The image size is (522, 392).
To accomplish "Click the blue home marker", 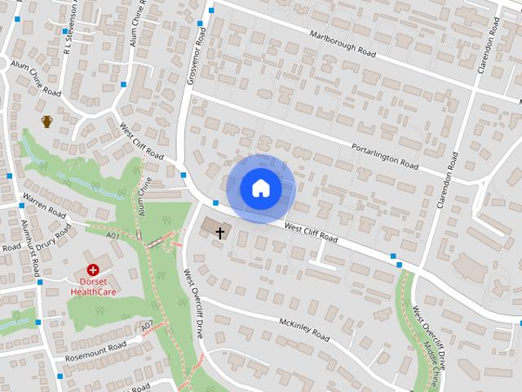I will (x=260, y=189).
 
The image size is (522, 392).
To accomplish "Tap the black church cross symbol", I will (x=219, y=233).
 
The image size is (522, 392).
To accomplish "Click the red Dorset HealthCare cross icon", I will (x=93, y=269).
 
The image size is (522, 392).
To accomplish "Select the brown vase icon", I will (x=47, y=122).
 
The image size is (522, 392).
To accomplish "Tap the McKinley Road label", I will (x=303, y=329).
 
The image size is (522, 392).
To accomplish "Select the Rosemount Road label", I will (x=96, y=352).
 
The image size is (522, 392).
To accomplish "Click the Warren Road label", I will (x=43, y=203).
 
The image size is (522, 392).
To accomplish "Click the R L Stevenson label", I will (x=72, y=24).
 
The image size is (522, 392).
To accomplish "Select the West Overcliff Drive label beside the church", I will (x=192, y=304).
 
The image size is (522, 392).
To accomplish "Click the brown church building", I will (x=210, y=225).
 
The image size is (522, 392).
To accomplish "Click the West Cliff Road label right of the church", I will (x=312, y=231).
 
